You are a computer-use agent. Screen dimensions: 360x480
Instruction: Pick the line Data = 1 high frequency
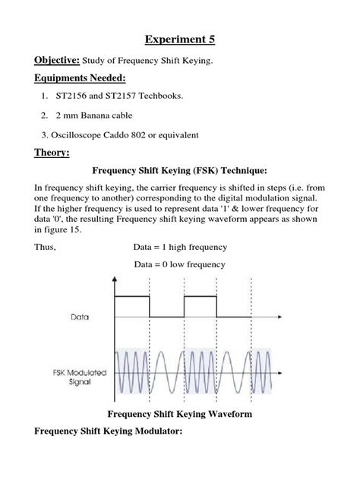pyautogui.click(x=180, y=247)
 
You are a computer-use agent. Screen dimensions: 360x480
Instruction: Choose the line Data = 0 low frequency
pyautogui.click(x=179, y=264)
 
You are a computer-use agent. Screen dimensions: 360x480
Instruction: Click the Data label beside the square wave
pyautogui.click(x=81, y=317)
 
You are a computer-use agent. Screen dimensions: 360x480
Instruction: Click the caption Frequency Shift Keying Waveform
pyautogui.click(x=180, y=414)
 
